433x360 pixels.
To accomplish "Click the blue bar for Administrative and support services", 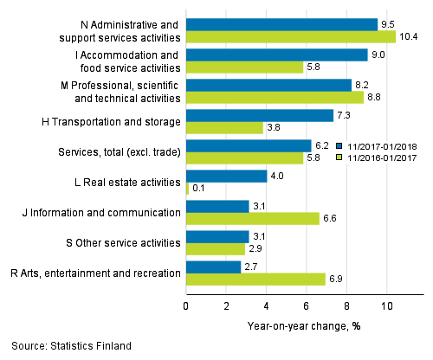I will (x=281, y=24).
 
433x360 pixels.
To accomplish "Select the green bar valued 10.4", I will (x=290, y=36).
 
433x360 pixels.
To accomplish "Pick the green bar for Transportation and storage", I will (x=224, y=127).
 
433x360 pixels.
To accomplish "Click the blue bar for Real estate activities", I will (x=226, y=176).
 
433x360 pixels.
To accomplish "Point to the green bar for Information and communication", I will (x=252, y=218).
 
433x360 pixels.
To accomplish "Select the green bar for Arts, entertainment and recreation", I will (x=255, y=279).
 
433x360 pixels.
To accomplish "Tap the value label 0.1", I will (x=198, y=189).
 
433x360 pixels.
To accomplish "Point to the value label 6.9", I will (x=337, y=279).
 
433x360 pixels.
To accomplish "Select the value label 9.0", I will (x=378, y=55).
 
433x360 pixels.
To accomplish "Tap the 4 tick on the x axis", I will (x=266, y=305).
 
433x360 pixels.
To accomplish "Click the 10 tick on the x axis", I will (x=386, y=305).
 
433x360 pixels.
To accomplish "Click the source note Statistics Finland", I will (x=67, y=346).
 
